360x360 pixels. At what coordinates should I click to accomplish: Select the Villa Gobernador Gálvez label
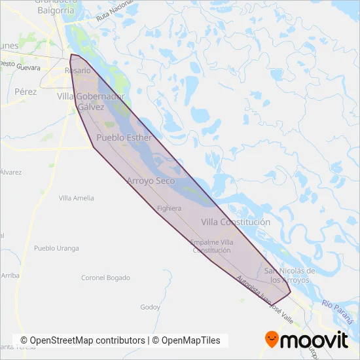pyautogui.click(x=90, y=101)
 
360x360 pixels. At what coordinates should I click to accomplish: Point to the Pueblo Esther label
pyautogui.click(x=124, y=138)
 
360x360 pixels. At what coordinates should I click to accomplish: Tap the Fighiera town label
pyautogui.click(x=169, y=208)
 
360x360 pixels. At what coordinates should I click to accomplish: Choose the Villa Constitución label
pyautogui.click(x=236, y=222)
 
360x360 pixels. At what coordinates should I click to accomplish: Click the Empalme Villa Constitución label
pyautogui.click(x=211, y=246)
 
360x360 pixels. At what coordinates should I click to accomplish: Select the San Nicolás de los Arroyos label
pyautogui.click(x=290, y=275)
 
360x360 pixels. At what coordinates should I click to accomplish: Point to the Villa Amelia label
pyautogui.click(x=77, y=198)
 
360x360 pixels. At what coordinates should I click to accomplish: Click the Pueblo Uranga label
pyautogui.click(x=56, y=249)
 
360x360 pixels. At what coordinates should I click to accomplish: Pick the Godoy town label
pyautogui.click(x=150, y=307)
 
